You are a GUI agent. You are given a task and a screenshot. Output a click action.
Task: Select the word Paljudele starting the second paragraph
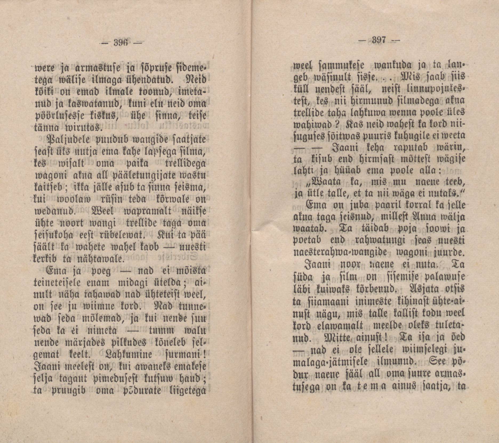click(x=69, y=140)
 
